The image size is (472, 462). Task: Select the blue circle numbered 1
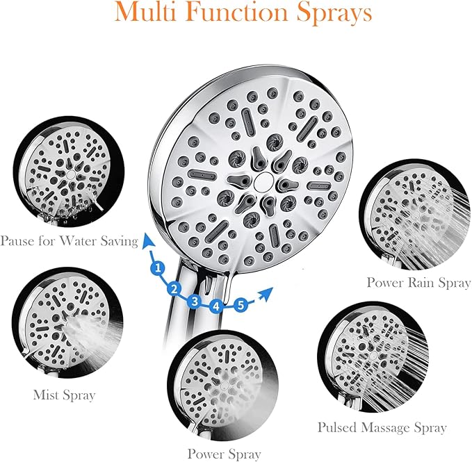pyautogui.click(x=158, y=267)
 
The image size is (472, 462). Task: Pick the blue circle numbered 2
pyautogui.click(x=175, y=288)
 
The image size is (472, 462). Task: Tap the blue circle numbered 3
pyautogui.click(x=195, y=301)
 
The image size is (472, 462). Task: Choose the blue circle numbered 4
pyautogui.click(x=217, y=305)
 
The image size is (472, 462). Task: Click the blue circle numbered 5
pyautogui.click(x=240, y=304)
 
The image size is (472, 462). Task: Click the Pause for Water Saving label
pyautogui.click(x=69, y=241)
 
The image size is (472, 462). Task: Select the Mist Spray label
pyautogui.click(x=64, y=395)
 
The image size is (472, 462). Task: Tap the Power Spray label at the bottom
pyautogui.click(x=224, y=454)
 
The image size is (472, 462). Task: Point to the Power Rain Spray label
pyautogui.click(x=418, y=283)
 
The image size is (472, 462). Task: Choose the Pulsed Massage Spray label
pyautogui.click(x=382, y=427)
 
